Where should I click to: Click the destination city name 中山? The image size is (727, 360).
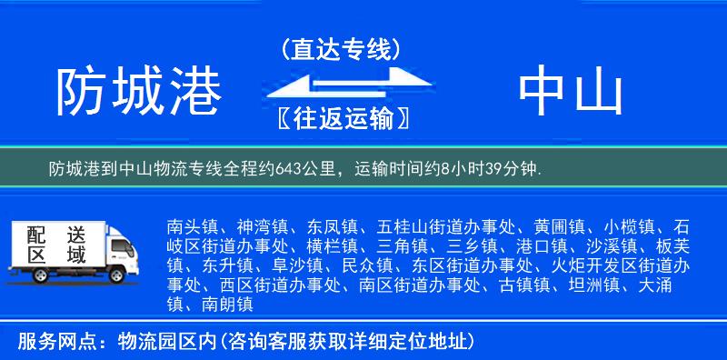pyautogui.click(x=570, y=92)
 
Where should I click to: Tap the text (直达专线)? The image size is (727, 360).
pyautogui.click(x=341, y=47)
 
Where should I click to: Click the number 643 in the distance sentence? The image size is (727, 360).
pyautogui.click(x=284, y=168)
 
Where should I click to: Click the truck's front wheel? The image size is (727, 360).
pyautogui.click(x=116, y=275)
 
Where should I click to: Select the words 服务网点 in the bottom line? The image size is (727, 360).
pyautogui.click(x=55, y=343)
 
